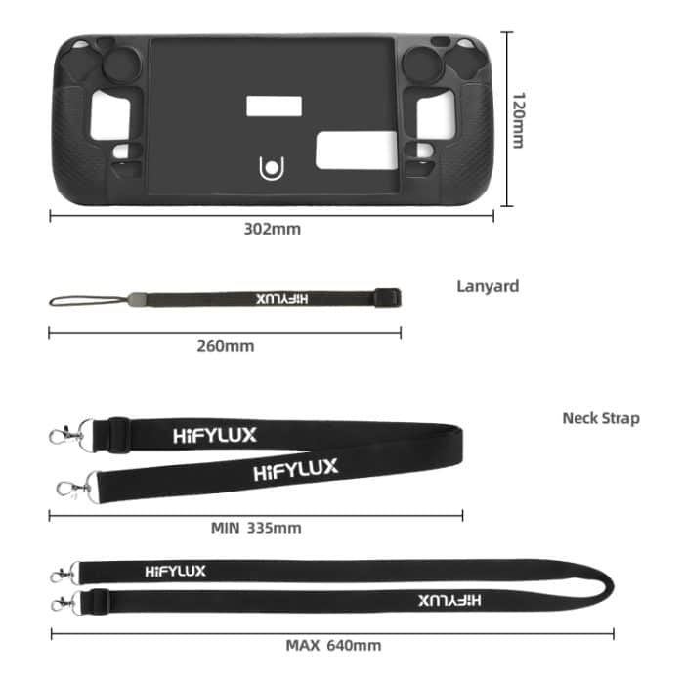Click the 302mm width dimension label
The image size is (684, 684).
coord(272,230)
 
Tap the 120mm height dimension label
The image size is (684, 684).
coord(519,120)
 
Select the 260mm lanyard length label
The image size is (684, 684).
coord(225,346)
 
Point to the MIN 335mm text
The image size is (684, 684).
coord(256,528)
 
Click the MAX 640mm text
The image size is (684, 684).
coord(333,645)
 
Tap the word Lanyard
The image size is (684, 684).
coord(488,286)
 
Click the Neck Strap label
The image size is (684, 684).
coord(600,418)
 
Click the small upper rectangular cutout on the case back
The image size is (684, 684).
coord(271,107)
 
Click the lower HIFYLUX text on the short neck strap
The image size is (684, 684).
coord(295,470)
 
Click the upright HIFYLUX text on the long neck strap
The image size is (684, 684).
coord(175,571)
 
